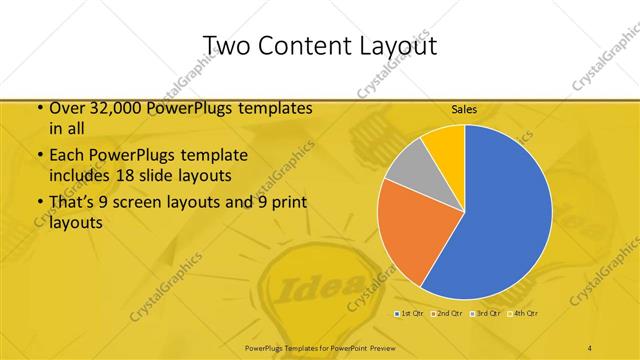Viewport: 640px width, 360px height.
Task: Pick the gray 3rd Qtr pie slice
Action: (x=408, y=167)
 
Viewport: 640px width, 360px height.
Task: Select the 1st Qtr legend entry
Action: (x=410, y=314)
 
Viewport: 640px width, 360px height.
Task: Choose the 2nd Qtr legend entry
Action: (x=446, y=314)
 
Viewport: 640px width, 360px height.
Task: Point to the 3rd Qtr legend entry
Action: (x=486, y=314)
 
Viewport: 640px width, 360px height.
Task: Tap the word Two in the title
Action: (x=227, y=46)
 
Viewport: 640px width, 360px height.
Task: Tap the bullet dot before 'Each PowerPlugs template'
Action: (x=39, y=156)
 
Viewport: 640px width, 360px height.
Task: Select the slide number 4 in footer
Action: (x=590, y=347)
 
